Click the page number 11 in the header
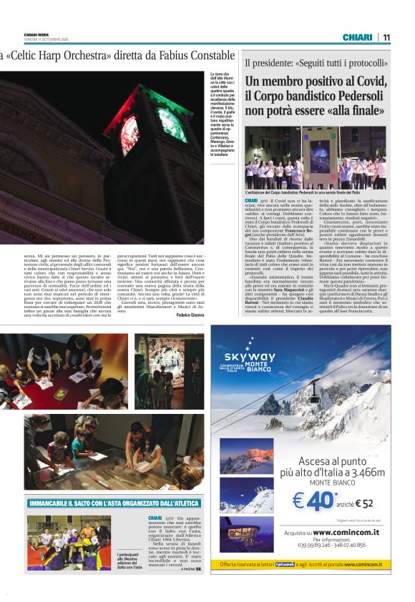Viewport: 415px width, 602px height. coord(386,37)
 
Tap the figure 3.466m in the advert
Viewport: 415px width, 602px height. coord(357,473)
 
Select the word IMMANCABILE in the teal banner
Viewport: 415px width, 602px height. coord(54,503)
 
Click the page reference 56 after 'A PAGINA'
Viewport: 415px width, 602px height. coord(198,569)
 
